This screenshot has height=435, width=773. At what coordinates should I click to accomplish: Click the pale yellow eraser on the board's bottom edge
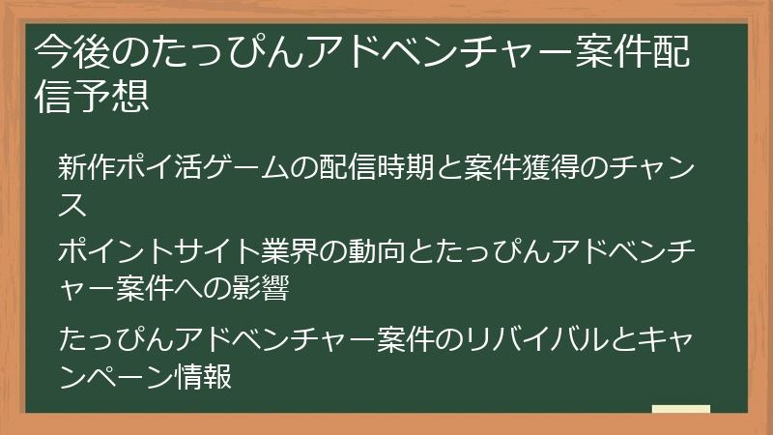tap(680, 410)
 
